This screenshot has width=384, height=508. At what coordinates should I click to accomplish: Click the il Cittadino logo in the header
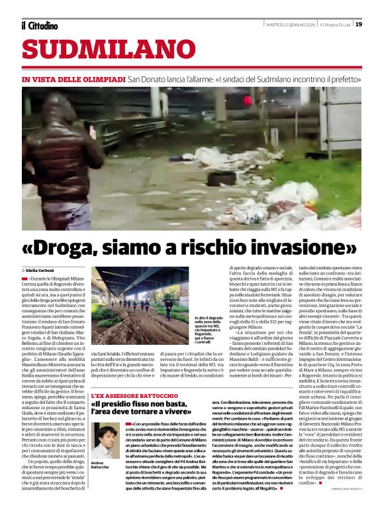[39, 25]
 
